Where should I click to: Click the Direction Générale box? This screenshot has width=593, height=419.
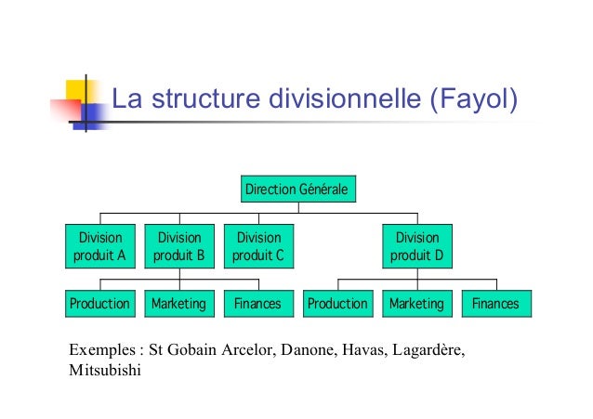click(296, 190)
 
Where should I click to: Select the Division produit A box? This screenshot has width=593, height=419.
click(100, 245)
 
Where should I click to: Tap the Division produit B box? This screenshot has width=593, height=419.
click(178, 245)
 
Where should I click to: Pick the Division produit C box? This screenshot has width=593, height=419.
click(257, 245)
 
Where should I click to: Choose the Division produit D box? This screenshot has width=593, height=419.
click(417, 245)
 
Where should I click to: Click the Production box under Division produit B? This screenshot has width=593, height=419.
click(100, 304)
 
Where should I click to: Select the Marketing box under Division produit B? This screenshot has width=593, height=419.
click(178, 304)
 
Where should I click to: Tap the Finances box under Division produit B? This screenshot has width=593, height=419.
click(257, 304)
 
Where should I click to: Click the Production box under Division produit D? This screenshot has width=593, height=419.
click(337, 304)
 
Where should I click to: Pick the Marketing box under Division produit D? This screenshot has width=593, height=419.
click(416, 304)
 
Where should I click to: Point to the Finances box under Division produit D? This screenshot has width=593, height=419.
click(495, 304)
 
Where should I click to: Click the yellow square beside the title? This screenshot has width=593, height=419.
click(75, 92)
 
